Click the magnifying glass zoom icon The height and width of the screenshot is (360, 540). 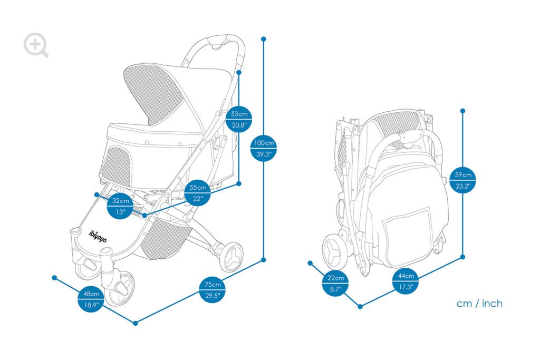(36, 45)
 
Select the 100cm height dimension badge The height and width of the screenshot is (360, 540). (264, 148)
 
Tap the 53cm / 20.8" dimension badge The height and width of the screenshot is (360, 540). (239, 119)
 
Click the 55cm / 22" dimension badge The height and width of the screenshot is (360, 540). (198, 193)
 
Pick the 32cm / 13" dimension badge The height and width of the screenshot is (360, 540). (120, 206)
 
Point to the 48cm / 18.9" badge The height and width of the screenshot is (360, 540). (91, 299)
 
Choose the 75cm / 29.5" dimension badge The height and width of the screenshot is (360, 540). (213, 290)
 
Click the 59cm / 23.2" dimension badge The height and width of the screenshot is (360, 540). (463, 180)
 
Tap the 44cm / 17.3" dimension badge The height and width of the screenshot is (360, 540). (406, 281)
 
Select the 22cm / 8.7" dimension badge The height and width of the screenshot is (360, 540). (335, 283)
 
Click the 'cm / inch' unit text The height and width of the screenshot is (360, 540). (479, 304)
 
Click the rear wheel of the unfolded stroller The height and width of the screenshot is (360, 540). (232, 256)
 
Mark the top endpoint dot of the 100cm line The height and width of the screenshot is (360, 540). (264, 39)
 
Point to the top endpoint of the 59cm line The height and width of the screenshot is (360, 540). (463, 111)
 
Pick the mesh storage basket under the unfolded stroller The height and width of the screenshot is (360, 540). (165, 238)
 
